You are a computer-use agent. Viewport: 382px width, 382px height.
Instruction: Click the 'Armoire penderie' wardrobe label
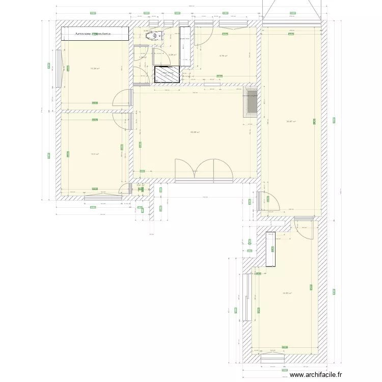(x=94, y=34)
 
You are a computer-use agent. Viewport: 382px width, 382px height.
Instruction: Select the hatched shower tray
(x=167, y=74)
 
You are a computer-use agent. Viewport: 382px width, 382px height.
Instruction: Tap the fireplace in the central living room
(x=250, y=104)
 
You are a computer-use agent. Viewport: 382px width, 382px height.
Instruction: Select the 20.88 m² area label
(x=195, y=132)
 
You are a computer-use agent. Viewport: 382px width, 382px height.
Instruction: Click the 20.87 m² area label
(x=291, y=121)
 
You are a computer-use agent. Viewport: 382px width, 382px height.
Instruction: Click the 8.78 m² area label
(x=223, y=56)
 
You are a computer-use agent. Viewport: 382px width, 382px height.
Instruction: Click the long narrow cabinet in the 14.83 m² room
(x=270, y=249)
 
